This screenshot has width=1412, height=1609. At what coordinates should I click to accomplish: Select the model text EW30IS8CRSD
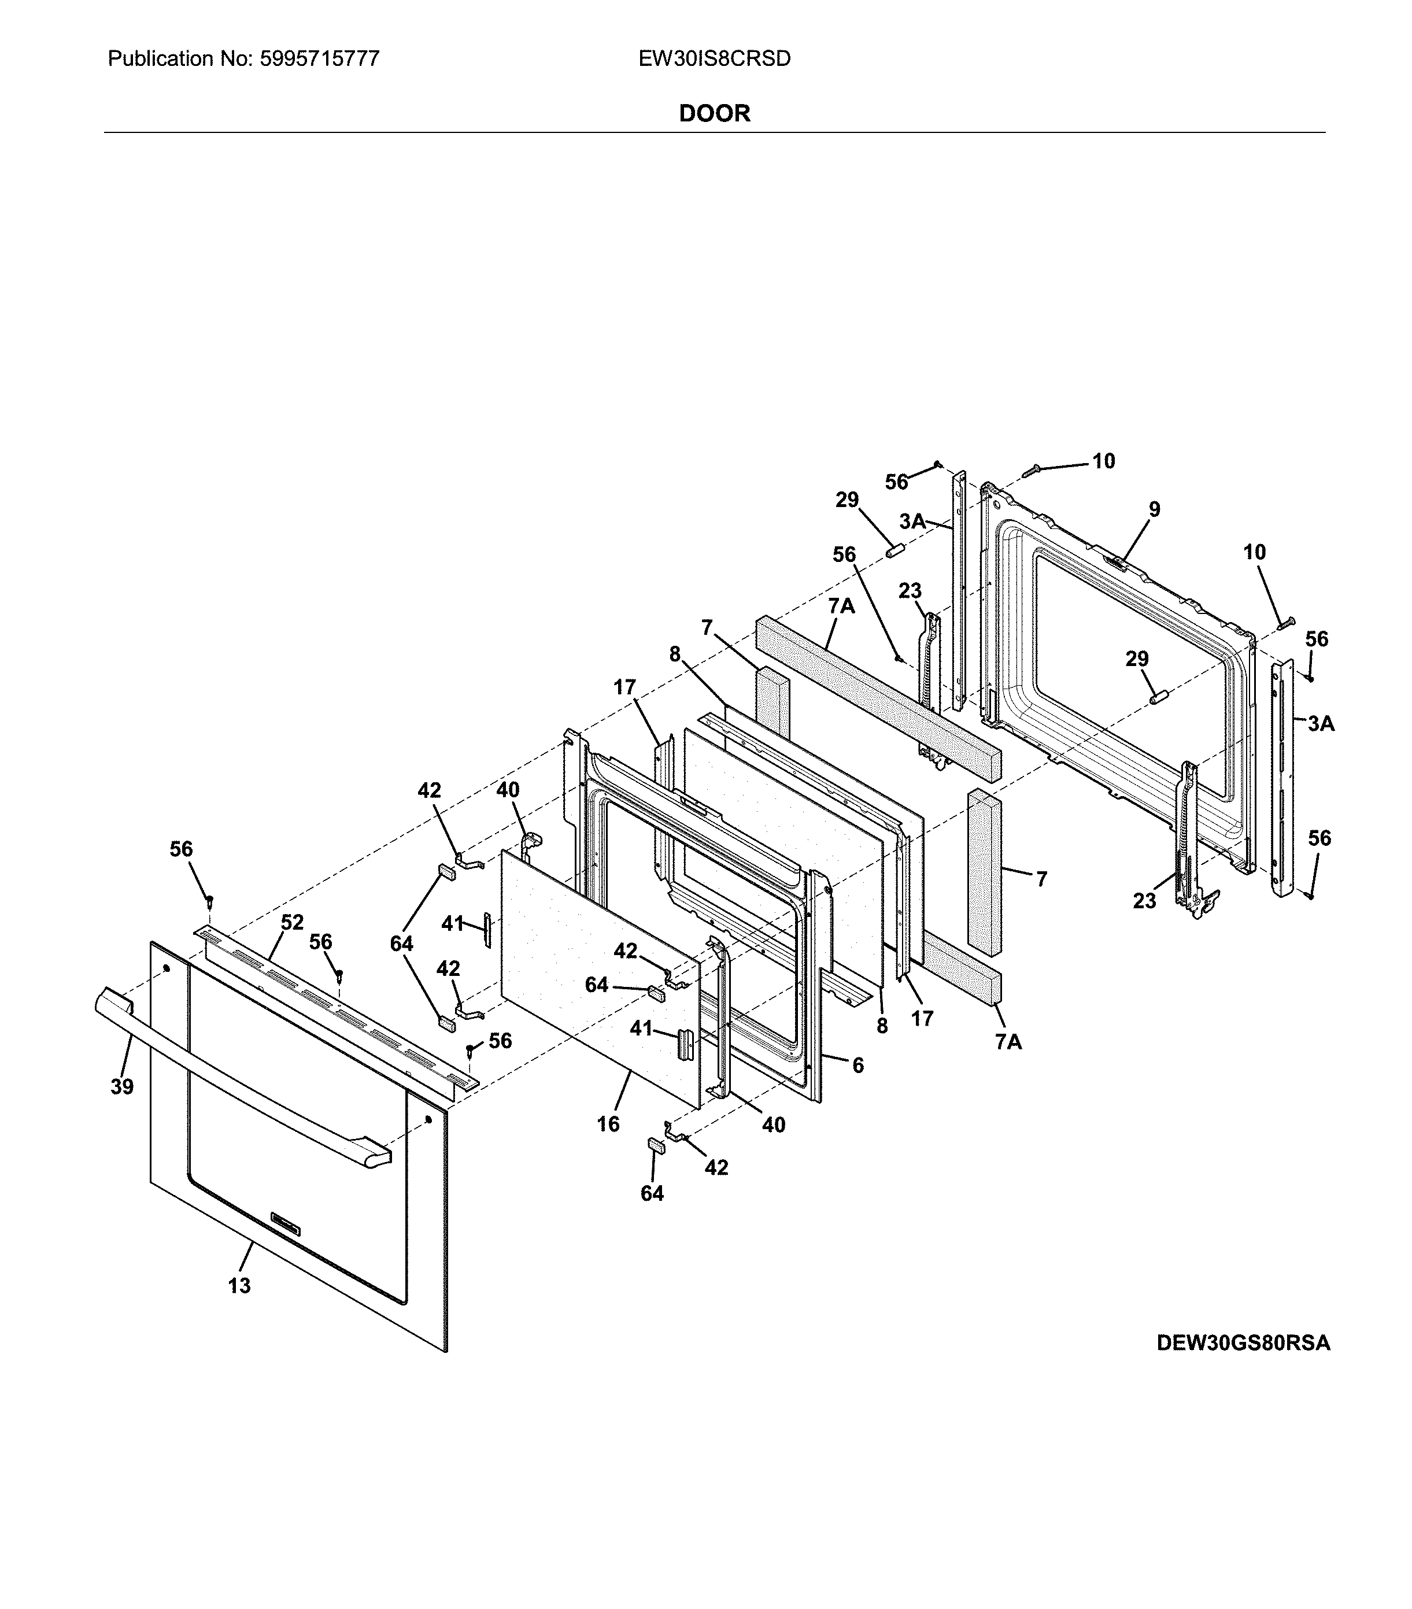click(x=714, y=59)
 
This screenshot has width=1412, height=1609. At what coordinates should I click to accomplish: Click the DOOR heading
click(x=714, y=113)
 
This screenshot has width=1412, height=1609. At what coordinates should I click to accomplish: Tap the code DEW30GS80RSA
click(x=1243, y=1343)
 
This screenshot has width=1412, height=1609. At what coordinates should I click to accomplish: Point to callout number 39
click(x=122, y=1086)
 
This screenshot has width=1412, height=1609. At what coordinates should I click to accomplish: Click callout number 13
click(x=239, y=1285)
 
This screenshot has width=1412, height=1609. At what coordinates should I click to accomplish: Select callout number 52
click(x=292, y=923)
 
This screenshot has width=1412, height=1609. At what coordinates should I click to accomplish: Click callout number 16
click(x=608, y=1124)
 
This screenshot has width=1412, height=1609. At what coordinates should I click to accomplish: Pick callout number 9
click(x=1154, y=509)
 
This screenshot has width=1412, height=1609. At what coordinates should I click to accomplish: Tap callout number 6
click(x=858, y=1065)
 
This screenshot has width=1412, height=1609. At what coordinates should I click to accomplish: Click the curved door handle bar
click(x=236, y=1078)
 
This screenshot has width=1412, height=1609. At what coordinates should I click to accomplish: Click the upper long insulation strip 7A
click(x=874, y=693)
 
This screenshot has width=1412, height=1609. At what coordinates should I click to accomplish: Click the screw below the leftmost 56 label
click(x=209, y=899)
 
